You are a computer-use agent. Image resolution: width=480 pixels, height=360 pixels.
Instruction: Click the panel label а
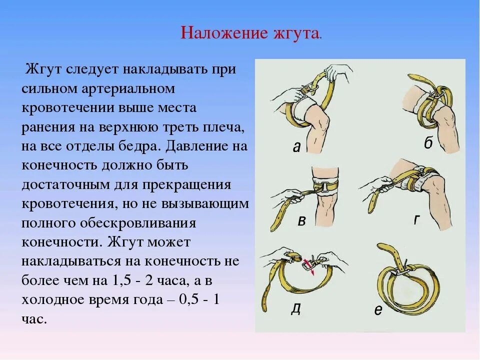(296, 146)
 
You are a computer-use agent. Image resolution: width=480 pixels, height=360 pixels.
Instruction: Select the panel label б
(428, 143)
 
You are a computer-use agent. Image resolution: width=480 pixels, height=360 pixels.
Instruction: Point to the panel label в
(301, 221)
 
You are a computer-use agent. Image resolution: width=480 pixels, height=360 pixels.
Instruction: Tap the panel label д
(296, 308)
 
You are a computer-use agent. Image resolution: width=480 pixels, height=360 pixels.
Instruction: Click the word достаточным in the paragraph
(63, 185)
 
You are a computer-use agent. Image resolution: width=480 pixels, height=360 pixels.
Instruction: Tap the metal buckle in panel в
(328, 187)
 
